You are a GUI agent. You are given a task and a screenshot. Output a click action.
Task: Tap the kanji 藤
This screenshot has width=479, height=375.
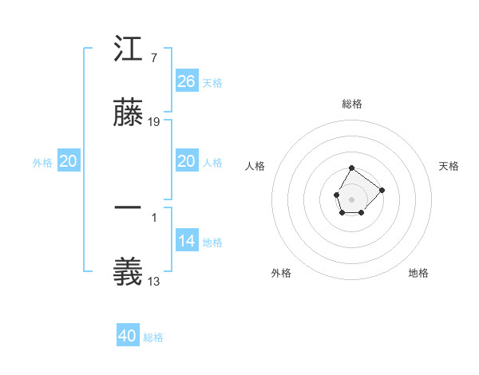(128, 114)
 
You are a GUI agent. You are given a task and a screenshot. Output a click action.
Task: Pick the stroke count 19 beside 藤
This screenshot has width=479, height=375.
(154, 122)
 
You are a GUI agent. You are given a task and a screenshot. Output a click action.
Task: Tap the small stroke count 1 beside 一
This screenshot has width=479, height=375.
(153, 217)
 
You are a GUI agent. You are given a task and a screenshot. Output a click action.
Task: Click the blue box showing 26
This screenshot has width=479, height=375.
(186, 81)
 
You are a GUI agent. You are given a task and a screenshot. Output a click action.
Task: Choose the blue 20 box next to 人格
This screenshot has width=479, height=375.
(186, 161)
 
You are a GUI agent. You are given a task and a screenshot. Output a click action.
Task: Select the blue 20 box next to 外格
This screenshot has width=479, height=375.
(69, 161)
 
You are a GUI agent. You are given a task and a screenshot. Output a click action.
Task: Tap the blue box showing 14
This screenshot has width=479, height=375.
(186, 241)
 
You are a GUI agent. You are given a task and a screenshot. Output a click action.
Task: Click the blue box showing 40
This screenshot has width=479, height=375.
(128, 336)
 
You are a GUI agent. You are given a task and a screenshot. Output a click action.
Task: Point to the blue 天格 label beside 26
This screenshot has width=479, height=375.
(212, 83)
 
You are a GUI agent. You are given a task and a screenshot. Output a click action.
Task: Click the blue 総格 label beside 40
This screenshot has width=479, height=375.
(153, 337)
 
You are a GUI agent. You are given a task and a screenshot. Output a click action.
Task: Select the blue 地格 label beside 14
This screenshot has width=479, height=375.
(212, 243)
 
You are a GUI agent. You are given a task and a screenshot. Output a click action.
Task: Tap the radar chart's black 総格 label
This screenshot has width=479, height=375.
(352, 104)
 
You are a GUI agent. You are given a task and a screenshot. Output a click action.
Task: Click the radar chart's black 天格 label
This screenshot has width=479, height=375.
(449, 166)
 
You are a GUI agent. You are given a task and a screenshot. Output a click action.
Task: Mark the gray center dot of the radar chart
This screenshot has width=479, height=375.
(351, 198)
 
